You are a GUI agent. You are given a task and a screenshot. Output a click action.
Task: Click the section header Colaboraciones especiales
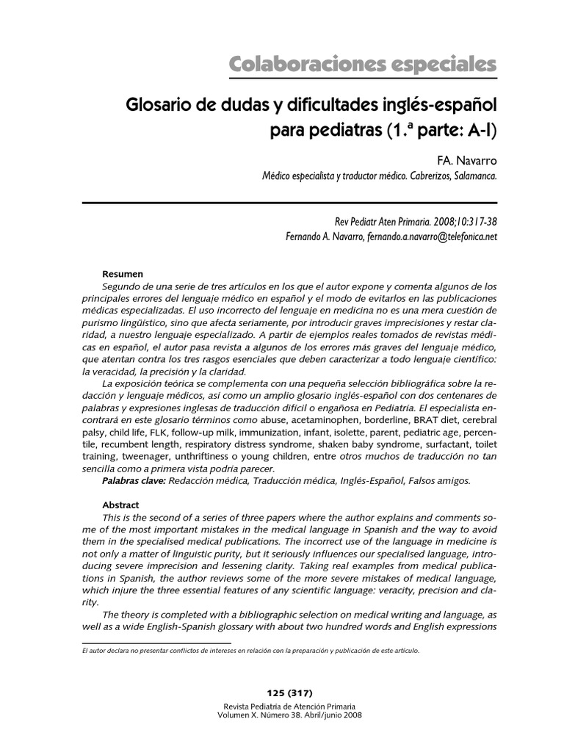pos(363,64)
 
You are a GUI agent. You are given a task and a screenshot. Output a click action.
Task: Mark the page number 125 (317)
pos(292,693)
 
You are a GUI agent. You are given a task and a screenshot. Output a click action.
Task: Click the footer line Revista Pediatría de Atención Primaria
pos(292,705)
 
